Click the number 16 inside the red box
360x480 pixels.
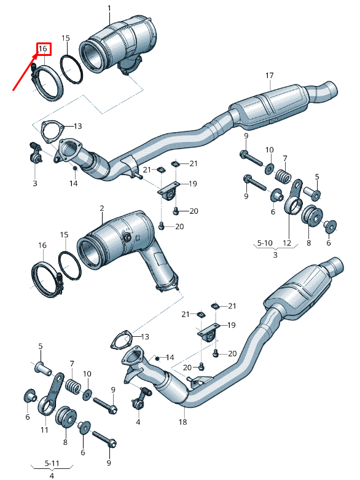coord(43,48)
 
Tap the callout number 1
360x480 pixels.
coord(109,8)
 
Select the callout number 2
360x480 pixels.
coord(102,209)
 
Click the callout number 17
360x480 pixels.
coord(269,76)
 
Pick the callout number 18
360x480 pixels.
coord(182,423)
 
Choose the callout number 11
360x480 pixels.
coord(44,430)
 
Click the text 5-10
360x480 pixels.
coord(265,243)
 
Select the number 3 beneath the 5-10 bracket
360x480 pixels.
coord(275,254)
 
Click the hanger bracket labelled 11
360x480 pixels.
coord(52,393)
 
